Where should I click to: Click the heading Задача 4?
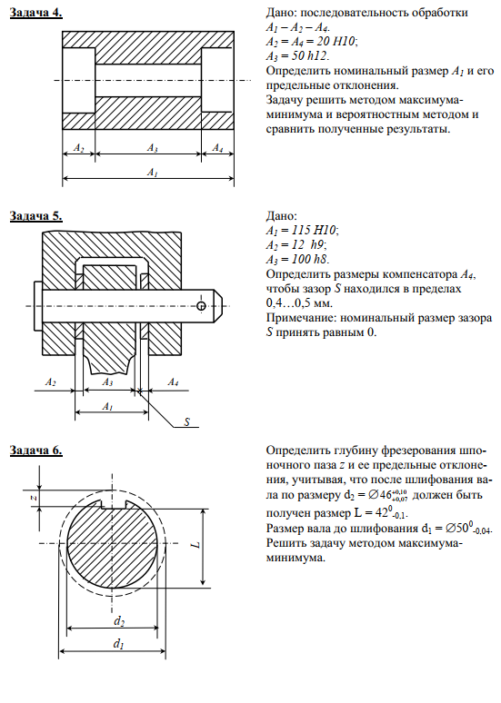(x=35, y=13)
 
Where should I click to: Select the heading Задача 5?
(x=35, y=216)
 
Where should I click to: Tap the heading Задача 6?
(x=35, y=450)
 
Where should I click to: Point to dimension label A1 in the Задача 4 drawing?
(x=152, y=173)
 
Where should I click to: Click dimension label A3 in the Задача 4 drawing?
(x=152, y=147)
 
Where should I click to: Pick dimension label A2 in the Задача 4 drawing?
(x=78, y=147)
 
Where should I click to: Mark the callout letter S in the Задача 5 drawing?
(x=186, y=421)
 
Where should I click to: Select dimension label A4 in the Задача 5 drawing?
(x=173, y=382)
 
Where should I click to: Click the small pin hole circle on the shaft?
(x=201, y=306)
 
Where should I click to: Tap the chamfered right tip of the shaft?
(x=217, y=306)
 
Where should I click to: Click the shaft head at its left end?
(x=37, y=306)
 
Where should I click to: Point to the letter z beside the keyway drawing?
(x=34, y=498)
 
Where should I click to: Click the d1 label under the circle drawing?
(x=118, y=644)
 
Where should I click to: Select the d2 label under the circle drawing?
(x=118, y=621)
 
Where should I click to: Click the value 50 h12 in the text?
(x=310, y=56)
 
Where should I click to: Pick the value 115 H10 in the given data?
(x=314, y=231)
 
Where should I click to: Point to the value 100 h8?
(x=311, y=259)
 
